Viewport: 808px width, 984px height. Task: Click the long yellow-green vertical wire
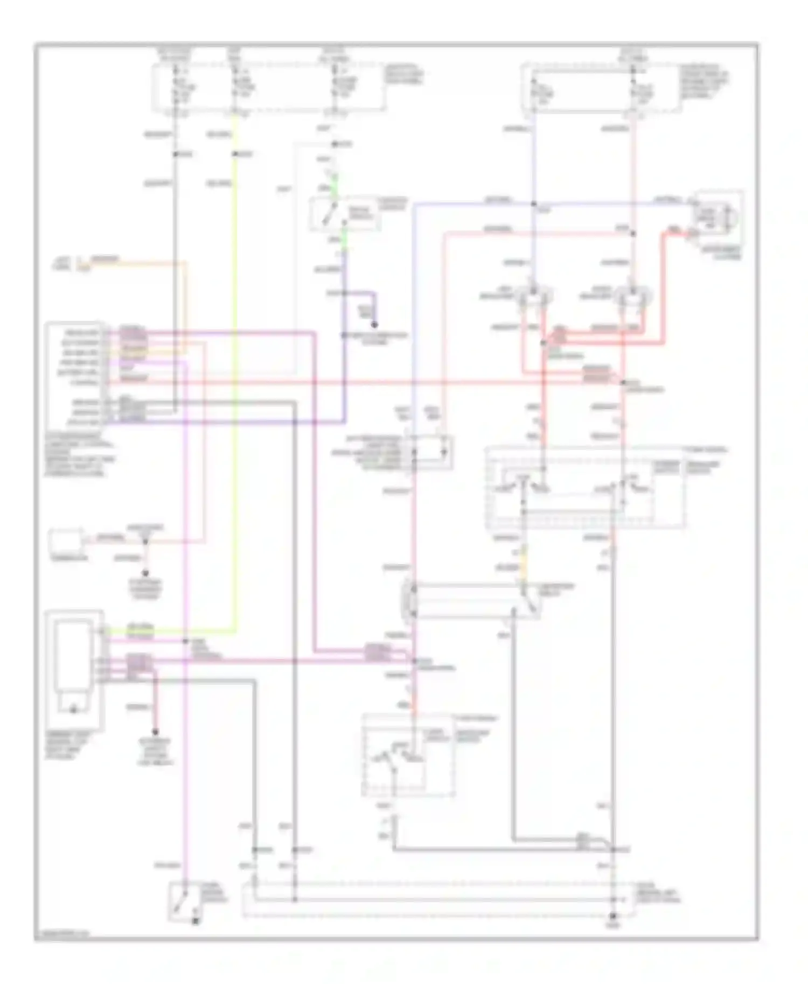click(x=235, y=377)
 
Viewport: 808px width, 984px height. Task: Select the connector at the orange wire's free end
click(x=79, y=264)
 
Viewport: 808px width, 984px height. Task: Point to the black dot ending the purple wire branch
click(x=374, y=325)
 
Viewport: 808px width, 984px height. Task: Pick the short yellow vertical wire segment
click(x=522, y=560)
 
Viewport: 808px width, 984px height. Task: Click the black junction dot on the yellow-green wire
click(x=235, y=154)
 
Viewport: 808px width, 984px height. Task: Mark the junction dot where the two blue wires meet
click(x=533, y=204)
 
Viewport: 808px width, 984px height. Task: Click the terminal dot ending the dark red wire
click(x=155, y=732)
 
